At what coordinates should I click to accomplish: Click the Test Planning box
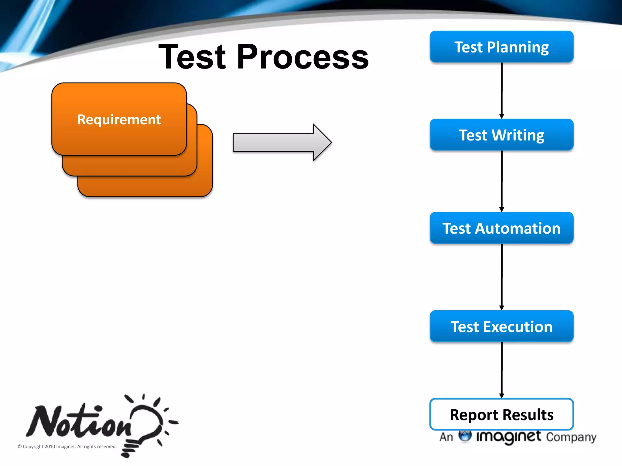click(x=501, y=47)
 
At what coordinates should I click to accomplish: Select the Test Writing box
click(x=501, y=135)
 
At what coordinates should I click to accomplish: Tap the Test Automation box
click(x=501, y=228)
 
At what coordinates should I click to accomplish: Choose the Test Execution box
click(x=501, y=326)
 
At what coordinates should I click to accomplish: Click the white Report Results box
click(x=501, y=414)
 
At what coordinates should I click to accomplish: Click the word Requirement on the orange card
click(x=119, y=119)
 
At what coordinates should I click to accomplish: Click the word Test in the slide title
click(x=193, y=57)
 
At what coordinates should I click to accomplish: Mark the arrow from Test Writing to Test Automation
click(x=501, y=181)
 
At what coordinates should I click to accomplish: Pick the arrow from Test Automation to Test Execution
click(x=501, y=277)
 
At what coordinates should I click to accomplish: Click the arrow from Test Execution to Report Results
click(x=501, y=370)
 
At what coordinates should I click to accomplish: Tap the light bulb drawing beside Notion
click(x=146, y=425)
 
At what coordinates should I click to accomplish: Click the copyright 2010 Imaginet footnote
click(x=67, y=446)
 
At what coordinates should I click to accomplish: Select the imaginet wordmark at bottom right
click(x=509, y=437)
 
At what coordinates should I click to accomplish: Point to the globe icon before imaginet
click(x=465, y=436)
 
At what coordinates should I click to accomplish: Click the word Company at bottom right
click(x=571, y=437)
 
